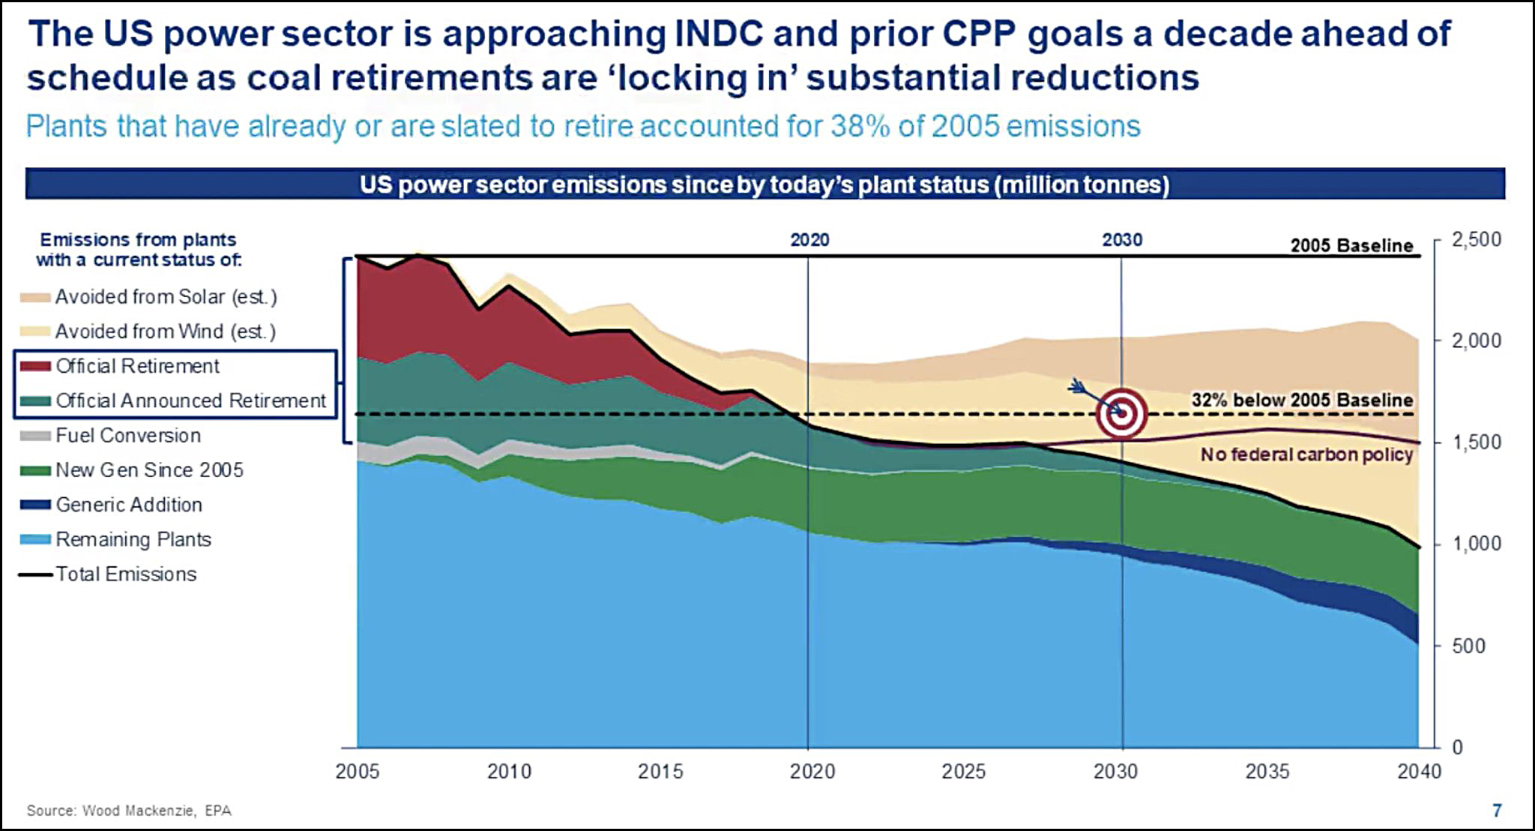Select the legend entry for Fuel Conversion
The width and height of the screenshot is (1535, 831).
click(127, 436)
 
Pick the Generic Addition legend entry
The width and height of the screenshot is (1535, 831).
click(128, 505)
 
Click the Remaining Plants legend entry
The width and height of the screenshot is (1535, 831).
click(133, 539)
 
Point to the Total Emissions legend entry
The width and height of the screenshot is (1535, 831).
click(125, 574)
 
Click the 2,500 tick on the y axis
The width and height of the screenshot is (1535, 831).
click(1476, 240)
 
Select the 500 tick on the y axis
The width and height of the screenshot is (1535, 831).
click(1468, 646)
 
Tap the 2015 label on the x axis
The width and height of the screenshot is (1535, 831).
click(660, 771)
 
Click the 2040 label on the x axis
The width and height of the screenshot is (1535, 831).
click(1419, 771)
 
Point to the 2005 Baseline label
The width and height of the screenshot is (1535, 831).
click(1351, 245)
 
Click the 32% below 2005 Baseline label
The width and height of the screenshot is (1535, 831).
click(1302, 400)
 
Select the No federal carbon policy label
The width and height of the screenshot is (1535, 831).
click(1306, 454)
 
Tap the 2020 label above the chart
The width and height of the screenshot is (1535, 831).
click(809, 240)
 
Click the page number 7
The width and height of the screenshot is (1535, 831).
click(1497, 810)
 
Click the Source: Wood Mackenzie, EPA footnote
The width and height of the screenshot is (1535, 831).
click(129, 811)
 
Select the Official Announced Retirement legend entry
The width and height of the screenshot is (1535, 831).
click(190, 401)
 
